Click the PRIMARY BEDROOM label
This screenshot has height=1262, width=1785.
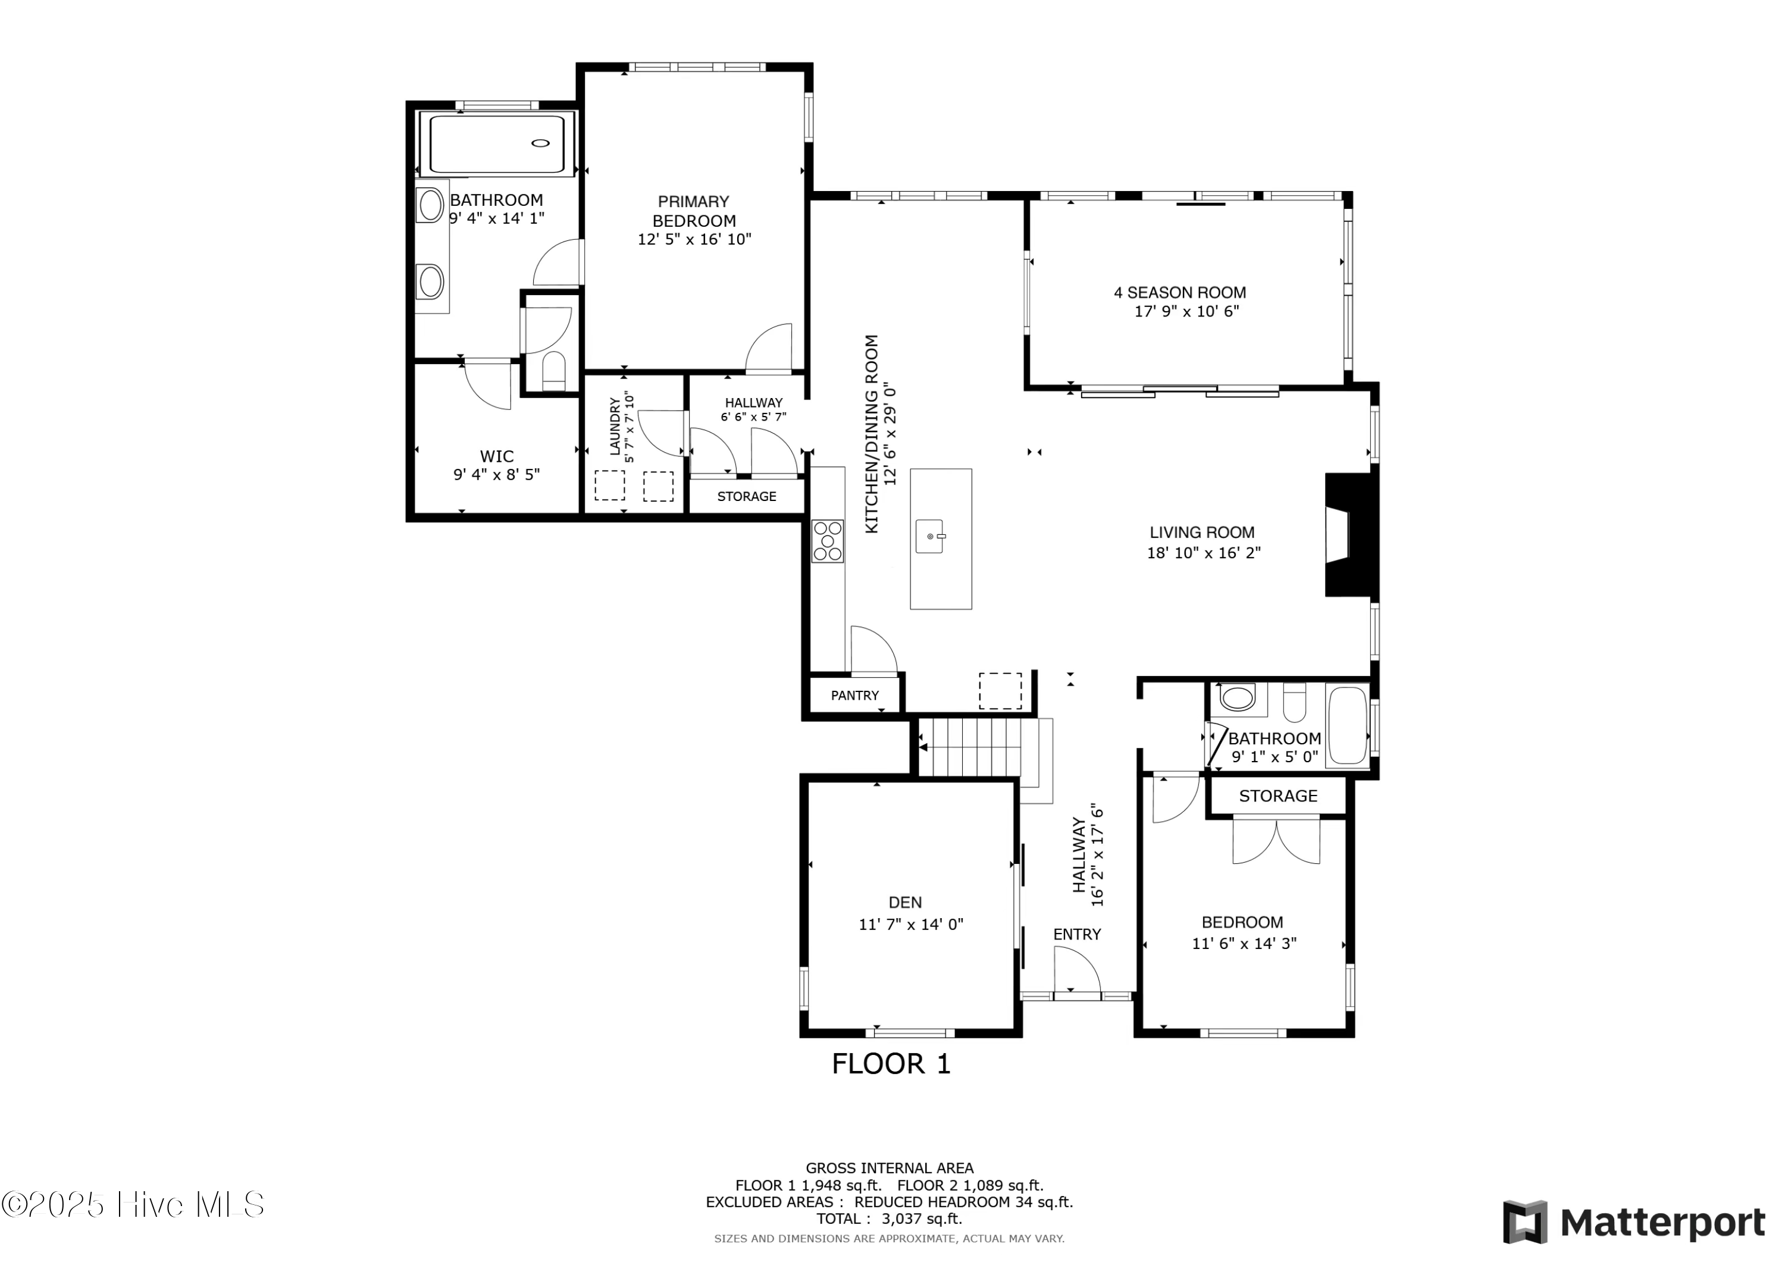[694, 211]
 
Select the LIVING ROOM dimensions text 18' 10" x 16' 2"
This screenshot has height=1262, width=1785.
[1204, 553]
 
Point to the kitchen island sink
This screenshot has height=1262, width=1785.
[930, 537]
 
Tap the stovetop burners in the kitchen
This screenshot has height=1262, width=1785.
[827, 540]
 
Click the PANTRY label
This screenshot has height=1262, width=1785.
[854, 695]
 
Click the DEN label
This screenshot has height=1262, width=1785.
[905, 902]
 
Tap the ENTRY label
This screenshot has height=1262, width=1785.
[1077, 934]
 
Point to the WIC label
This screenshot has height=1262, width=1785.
[496, 456]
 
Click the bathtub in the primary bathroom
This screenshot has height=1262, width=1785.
[496, 144]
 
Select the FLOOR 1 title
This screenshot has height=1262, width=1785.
[891, 1064]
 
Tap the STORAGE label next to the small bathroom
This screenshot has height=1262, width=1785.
[1278, 796]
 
